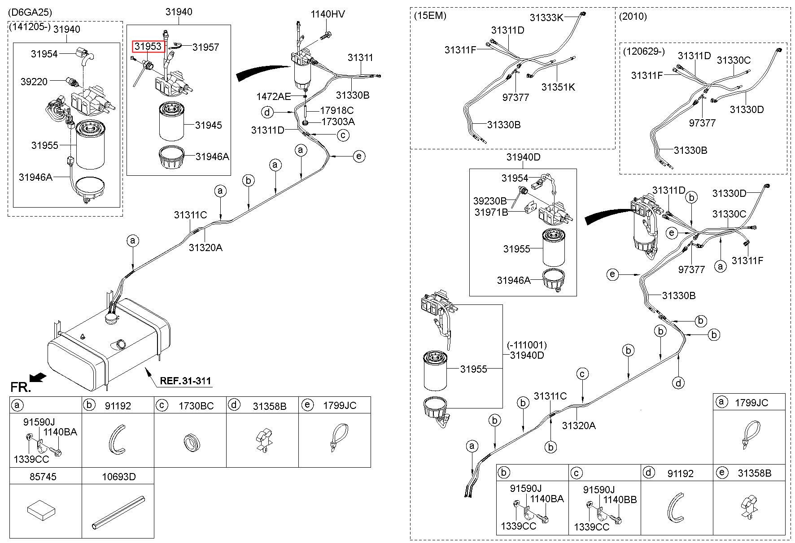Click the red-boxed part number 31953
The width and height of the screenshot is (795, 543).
(x=147, y=46)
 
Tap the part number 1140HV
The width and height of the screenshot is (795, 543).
(x=328, y=14)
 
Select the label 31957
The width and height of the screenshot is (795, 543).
(x=205, y=47)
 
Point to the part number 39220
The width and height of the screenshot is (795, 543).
(x=34, y=82)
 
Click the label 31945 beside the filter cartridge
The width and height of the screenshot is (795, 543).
(x=208, y=125)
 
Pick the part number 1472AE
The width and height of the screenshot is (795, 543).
(x=274, y=96)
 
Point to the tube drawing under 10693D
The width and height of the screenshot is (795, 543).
(x=118, y=513)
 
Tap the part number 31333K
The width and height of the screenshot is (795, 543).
(x=546, y=17)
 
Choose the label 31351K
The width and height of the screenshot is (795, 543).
(x=558, y=87)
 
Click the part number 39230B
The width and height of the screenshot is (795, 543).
(x=489, y=200)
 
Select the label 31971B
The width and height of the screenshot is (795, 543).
(x=491, y=212)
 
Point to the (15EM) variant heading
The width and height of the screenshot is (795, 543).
(x=430, y=17)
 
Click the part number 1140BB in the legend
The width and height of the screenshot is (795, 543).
(x=620, y=500)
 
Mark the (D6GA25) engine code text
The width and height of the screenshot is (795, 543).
(x=28, y=12)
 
